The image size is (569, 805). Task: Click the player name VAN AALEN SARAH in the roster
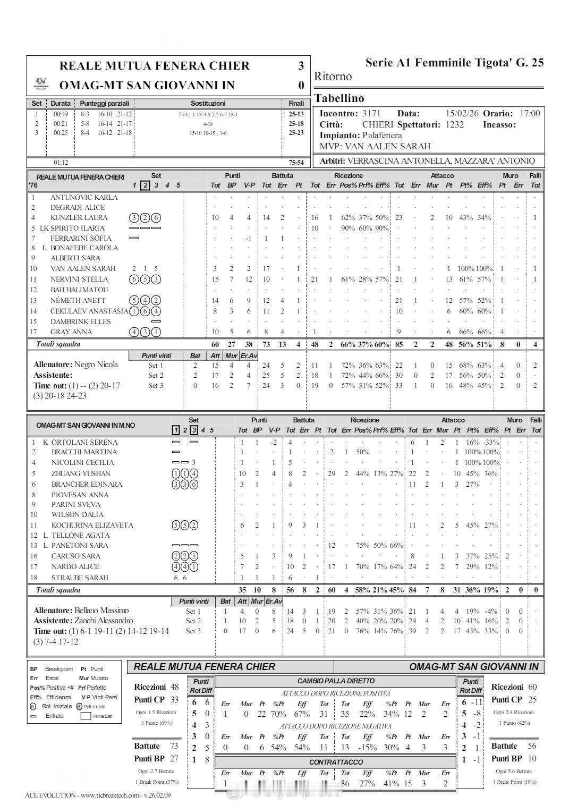[83, 269]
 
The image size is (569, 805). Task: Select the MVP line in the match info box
[375, 146]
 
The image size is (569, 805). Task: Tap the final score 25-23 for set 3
[296, 133]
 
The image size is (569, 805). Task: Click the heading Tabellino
[339, 98]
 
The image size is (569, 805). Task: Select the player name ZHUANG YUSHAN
[81, 474]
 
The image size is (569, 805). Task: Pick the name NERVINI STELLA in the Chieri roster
[79, 279]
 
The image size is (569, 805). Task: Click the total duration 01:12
[61, 163]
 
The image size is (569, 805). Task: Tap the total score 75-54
[296, 163]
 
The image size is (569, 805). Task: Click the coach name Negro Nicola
[96, 365]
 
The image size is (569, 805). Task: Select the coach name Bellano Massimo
[101, 611]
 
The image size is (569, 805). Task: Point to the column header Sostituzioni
[208, 104]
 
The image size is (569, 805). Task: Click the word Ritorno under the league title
[333, 77]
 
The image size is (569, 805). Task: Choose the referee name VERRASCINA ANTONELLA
[401, 161]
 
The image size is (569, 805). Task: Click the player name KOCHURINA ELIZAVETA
[92, 526]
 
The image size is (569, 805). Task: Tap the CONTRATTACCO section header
[336, 762]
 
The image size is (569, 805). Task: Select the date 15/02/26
[462, 114]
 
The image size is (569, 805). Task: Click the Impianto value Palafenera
[382, 135]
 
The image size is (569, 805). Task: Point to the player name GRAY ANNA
[71, 332]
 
